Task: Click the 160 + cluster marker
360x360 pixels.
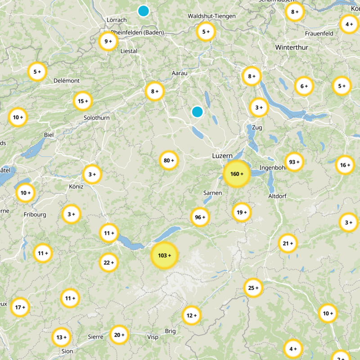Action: coord(236,174)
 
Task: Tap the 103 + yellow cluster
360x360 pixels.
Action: coord(164,256)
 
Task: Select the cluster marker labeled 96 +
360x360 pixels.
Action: coord(200,217)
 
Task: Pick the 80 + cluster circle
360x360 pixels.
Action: coord(169,160)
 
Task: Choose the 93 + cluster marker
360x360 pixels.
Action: coord(294,162)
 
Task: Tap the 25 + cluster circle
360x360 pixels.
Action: coord(253,288)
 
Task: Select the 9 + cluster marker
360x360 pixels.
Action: coord(108,41)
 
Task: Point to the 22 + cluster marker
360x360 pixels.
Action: coord(108,262)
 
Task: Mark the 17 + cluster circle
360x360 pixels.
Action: coord(20,307)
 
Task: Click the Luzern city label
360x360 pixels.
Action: coord(222,156)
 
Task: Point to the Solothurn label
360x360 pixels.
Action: coord(96,118)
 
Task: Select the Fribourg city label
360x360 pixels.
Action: coord(35,215)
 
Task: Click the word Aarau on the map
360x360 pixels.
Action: coord(179,73)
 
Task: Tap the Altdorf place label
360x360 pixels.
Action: coord(277,197)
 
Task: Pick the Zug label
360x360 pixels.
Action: coord(257,127)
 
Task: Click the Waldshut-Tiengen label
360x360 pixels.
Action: coord(211,16)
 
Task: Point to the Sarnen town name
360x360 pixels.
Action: coord(212,193)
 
